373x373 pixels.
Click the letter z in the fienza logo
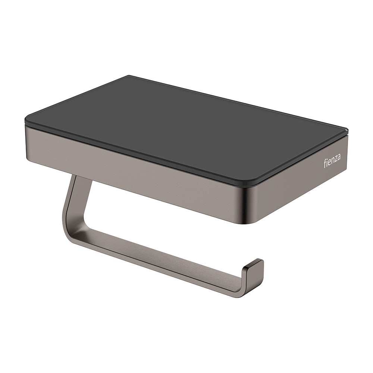point(335,159)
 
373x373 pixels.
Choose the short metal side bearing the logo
point(306,179)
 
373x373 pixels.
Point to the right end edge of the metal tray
point(347,149)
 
